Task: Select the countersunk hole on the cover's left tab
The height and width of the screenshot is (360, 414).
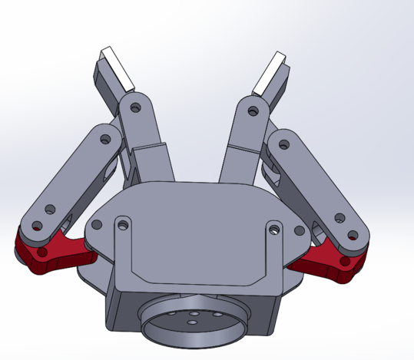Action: tap(121, 225)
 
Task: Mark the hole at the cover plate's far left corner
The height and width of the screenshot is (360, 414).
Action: tap(96, 225)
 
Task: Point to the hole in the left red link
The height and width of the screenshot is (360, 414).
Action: tap(42, 251)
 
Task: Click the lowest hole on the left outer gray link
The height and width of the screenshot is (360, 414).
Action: tap(36, 226)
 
